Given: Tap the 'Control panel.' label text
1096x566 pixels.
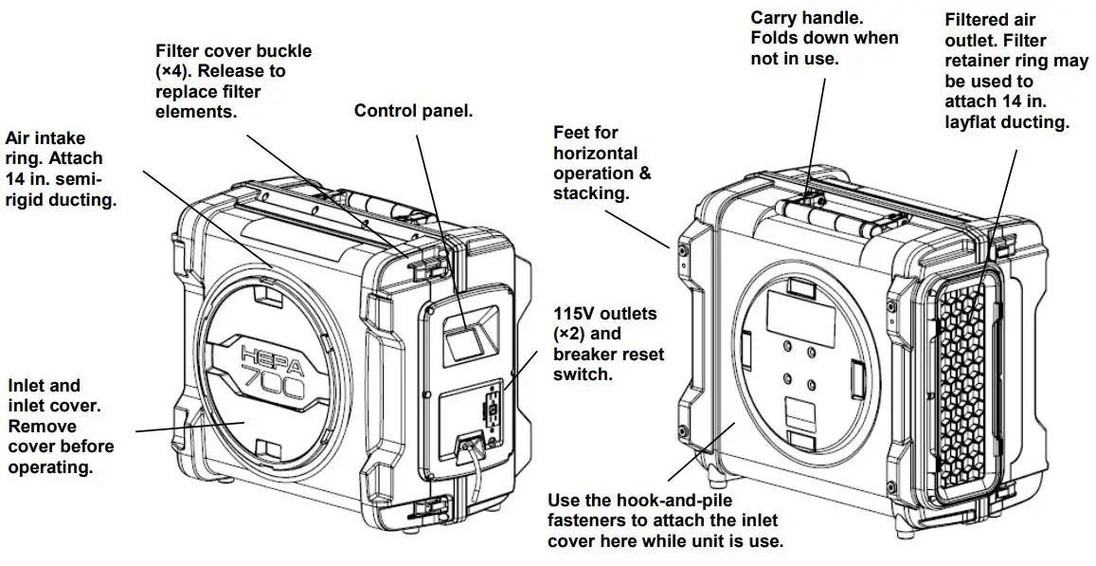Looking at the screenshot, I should coord(413,111).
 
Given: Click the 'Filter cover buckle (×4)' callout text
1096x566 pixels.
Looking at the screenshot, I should coord(233,81).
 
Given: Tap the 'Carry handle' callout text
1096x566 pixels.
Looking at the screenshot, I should coord(824,39).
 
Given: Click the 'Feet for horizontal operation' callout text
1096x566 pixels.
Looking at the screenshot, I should coord(602,163).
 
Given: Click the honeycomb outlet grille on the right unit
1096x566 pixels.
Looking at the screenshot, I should coord(961,379).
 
